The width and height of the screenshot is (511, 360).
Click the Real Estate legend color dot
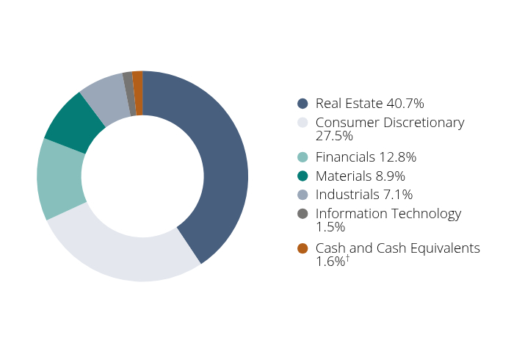(x=302, y=104)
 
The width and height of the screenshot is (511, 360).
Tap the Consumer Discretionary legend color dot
(x=302, y=123)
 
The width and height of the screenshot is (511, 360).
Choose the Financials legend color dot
(x=302, y=157)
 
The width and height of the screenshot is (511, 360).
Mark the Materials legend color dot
(x=302, y=176)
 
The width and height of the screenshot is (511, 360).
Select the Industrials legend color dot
(x=302, y=195)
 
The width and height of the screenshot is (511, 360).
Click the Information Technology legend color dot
(x=302, y=214)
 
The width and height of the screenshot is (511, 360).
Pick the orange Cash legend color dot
(x=302, y=248)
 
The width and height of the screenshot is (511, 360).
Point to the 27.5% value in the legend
(x=334, y=137)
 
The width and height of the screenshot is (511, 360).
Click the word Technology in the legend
(x=427, y=214)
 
